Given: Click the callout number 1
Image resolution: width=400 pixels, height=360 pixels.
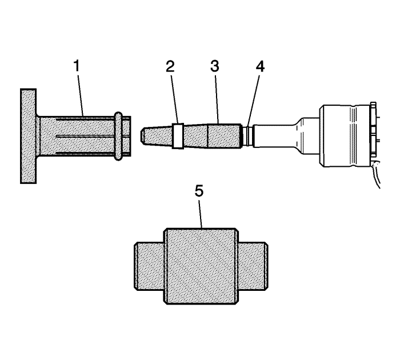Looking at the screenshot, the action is click(x=77, y=66).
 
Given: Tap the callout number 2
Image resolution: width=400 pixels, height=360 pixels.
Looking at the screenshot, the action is click(x=170, y=66).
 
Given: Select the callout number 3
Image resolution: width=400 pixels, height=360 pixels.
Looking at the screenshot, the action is click(x=215, y=66).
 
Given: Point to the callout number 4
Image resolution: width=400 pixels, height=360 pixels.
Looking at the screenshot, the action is click(x=260, y=66).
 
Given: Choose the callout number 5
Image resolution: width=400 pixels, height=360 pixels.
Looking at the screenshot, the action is click(x=199, y=191).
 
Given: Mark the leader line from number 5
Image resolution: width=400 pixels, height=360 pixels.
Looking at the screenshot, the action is click(x=200, y=214).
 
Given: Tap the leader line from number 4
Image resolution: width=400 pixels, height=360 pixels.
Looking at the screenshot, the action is click(x=254, y=101).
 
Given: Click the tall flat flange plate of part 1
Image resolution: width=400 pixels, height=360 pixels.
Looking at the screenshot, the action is click(x=29, y=136).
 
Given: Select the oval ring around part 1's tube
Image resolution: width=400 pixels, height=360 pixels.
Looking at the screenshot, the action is click(x=118, y=136).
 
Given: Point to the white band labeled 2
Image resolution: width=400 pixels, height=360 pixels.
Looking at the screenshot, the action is click(x=178, y=136).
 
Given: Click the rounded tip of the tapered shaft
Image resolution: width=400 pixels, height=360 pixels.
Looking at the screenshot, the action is click(x=143, y=135).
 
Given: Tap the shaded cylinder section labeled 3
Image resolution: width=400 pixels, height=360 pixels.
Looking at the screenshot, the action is click(x=224, y=136).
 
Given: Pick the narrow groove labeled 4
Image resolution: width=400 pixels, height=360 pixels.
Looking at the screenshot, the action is click(x=247, y=136).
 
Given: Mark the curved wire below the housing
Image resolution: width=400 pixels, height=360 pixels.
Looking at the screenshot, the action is click(x=377, y=175).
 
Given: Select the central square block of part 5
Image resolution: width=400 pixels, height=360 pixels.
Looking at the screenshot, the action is click(x=201, y=266).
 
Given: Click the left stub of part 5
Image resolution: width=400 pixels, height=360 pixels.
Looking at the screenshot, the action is click(x=149, y=266).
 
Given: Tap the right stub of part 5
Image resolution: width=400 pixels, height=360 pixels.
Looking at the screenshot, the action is click(x=253, y=266).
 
